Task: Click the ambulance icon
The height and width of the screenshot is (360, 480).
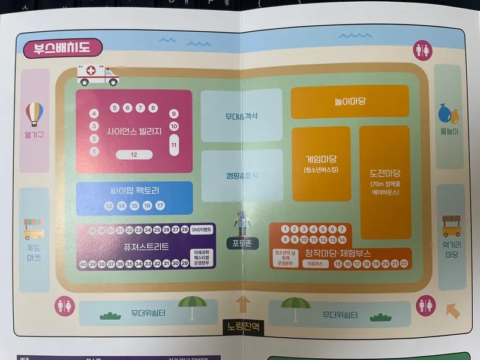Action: tap(98, 76)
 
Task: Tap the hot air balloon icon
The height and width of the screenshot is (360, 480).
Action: tap(35, 113)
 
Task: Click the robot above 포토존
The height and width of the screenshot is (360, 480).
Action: tap(242, 223)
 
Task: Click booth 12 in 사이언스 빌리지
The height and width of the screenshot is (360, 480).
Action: tap(134, 155)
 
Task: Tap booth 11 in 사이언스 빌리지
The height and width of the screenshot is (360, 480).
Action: tap(174, 145)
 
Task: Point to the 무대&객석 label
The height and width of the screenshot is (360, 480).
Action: tap(241, 116)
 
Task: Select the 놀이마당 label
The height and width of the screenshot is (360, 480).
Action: tap(350, 101)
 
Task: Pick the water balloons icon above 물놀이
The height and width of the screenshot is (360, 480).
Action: tap(448, 112)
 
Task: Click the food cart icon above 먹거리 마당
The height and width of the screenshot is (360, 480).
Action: tap(451, 225)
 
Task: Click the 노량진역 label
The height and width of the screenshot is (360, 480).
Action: tap(242, 327)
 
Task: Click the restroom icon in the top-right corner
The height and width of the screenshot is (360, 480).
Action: tap(422, 50)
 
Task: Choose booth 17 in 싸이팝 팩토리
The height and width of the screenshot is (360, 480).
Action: tap(160, 206)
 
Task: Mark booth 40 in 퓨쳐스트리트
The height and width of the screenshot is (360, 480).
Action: tap(83, 264)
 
